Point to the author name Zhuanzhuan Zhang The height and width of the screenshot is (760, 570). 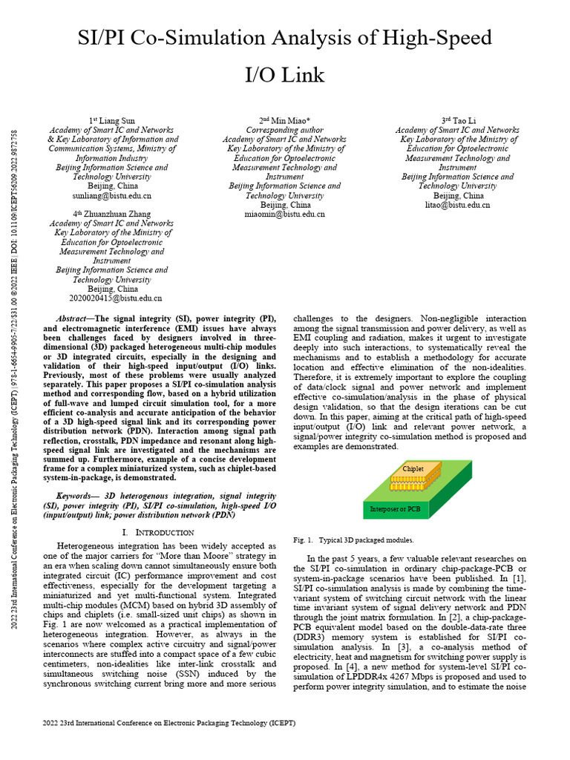115,213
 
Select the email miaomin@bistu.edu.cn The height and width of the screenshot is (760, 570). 284,214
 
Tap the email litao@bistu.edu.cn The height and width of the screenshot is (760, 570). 457,204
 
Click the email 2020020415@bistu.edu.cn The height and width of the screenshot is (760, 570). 115,298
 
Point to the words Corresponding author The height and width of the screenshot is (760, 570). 284,129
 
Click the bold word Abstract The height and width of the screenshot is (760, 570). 72,317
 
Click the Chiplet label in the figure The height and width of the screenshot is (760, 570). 413,469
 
